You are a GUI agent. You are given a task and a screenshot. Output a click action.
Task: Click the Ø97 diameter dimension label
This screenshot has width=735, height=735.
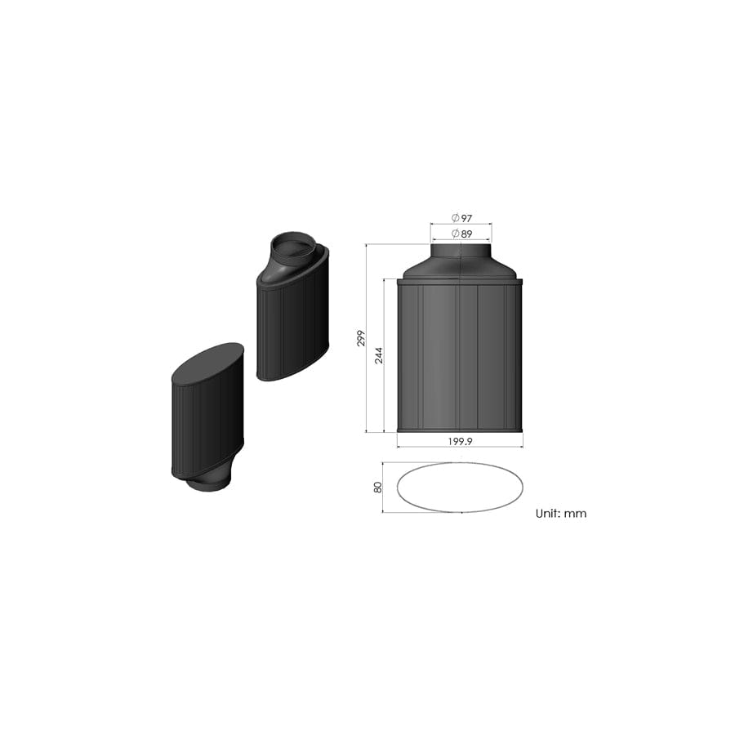(461, 218)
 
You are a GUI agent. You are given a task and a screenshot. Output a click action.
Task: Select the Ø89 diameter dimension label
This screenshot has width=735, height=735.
(461, 234)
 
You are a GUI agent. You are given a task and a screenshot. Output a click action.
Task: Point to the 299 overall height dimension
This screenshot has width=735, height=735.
(361, 338)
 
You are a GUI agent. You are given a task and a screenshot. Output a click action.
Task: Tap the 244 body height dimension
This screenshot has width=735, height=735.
(379, 355)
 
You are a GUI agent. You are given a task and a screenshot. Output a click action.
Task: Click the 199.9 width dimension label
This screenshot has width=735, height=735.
(460, 441)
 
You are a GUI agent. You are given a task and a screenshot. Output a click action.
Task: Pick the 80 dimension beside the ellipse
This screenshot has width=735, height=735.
(378, 487)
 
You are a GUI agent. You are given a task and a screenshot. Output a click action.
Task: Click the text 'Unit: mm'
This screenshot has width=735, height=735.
(560, 514)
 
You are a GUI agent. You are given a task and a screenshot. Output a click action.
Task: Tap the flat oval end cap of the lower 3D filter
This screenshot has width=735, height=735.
(207, 363)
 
